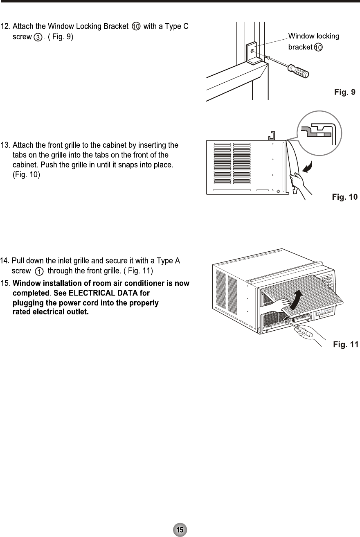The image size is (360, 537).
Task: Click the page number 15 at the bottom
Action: point(180,529)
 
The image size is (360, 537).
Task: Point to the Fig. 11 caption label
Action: point(346,345)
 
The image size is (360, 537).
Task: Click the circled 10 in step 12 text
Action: point(137,27)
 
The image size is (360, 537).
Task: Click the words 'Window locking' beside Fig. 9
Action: point(314,36)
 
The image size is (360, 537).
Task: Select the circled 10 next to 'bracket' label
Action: point(319,47)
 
